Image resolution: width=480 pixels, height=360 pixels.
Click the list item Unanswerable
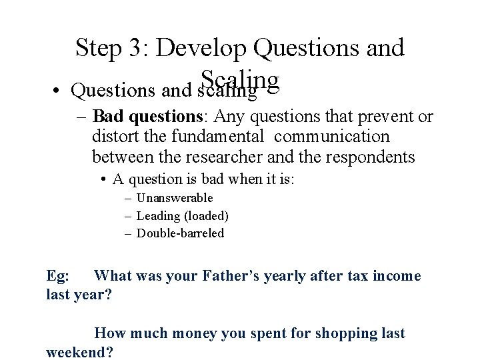[x=175, y=198]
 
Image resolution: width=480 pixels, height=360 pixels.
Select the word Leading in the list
[x=157, y=215]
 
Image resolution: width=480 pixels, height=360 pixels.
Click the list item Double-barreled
[x=180, y=233]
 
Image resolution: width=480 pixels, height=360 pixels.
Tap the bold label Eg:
[x=60, y=275]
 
